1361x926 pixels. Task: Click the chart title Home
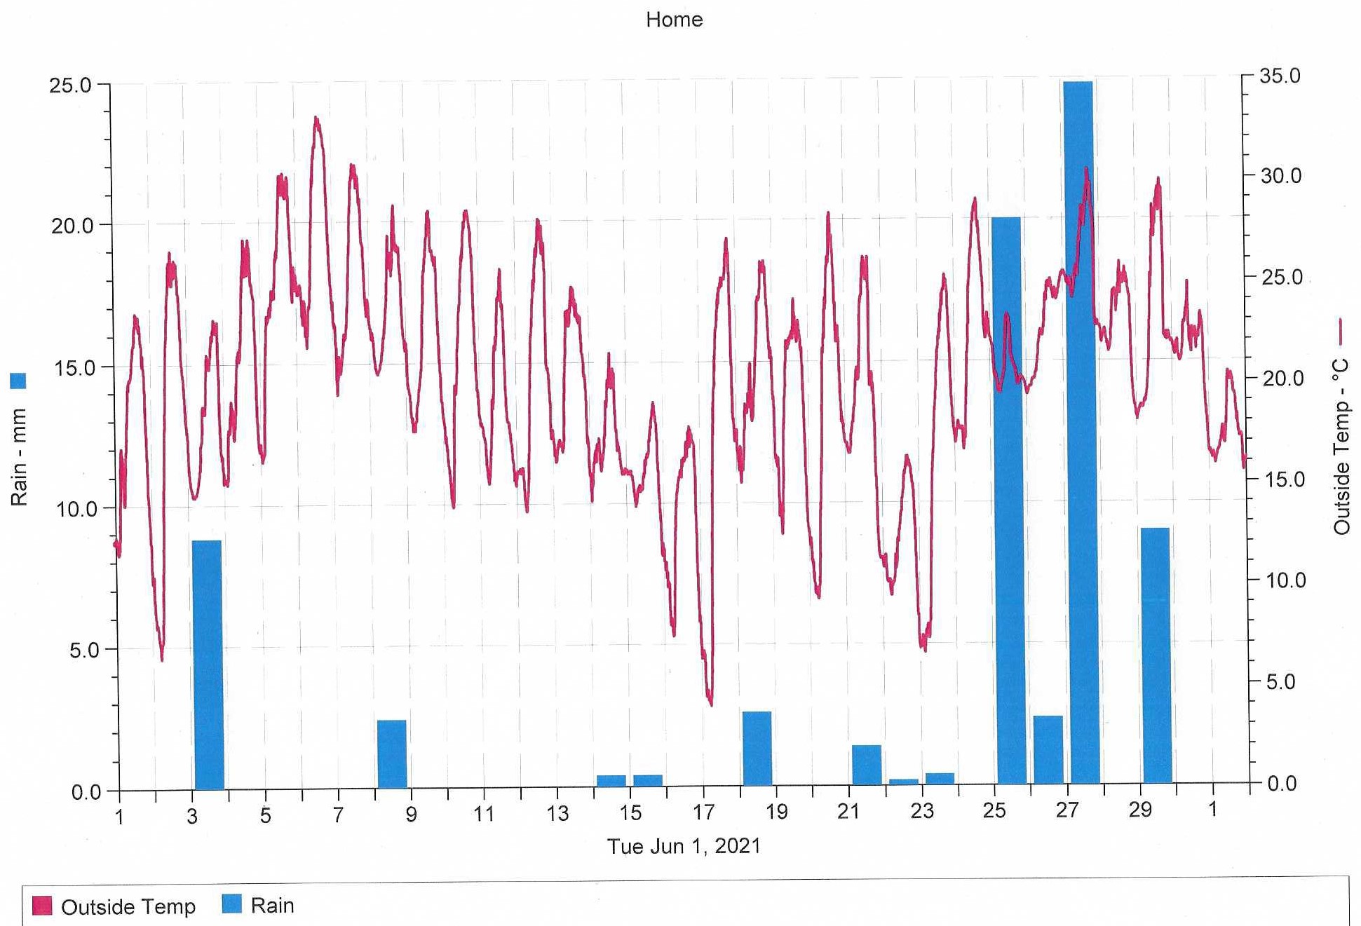tap(674, 20)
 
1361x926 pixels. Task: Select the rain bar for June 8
tap(391, 754)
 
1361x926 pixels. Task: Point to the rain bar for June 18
tap(757, 748)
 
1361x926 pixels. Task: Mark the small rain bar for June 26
tap(1048, 749)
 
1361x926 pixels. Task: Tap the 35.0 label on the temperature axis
tap(1280, 76)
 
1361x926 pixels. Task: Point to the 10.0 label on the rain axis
tap(76, 509)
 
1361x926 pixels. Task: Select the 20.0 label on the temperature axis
tap(1282, 379)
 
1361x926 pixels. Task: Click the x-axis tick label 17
tap(703, 812)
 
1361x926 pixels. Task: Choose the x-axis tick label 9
tap(412, 815)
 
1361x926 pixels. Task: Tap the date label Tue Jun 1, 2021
tap(684, 846)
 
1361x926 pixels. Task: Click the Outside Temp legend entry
tap(128, 907)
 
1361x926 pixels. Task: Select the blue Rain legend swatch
tap(231, 904)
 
